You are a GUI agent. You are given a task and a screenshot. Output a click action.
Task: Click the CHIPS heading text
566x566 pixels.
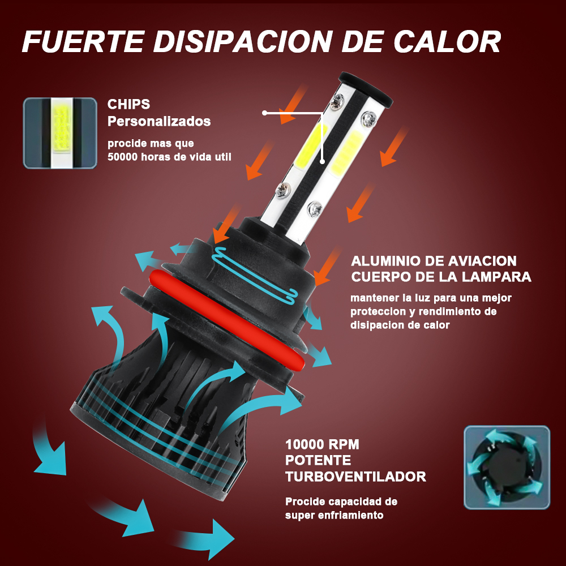pyautogui.click(x=128, y=104)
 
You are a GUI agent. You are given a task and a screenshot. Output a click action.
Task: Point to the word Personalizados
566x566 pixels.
pyautogui.click(x=159, y=121)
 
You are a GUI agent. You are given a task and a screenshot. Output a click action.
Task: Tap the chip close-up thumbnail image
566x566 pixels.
pyautogui.click(x=61, y=133)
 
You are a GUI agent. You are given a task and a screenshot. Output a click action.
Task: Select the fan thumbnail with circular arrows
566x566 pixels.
pyautogui.click(x=507, y=468)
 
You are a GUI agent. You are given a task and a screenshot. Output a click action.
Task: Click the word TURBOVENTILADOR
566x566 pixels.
pyautogui.click(x=355, y=477)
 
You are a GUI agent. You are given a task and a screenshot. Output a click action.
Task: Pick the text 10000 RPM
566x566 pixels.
pyautogui.click(x=323, y=444)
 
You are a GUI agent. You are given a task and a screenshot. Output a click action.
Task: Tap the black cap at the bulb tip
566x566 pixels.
pyautogui.click(x=366, y=89)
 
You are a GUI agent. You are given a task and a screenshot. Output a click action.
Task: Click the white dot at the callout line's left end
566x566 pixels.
pyautogui.click(x=264, y=113)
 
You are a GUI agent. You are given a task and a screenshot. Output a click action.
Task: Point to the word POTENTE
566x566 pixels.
pyautogui.click(x=318, y=461)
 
